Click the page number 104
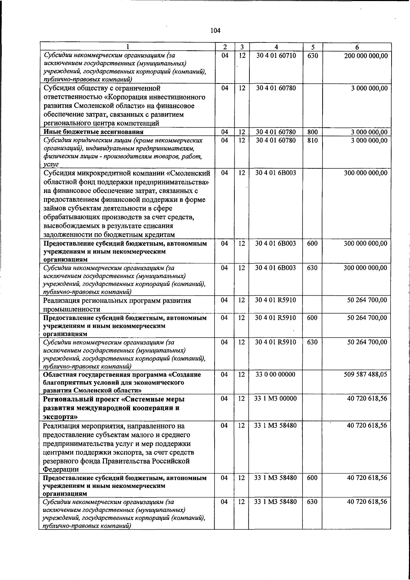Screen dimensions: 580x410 (215, 31)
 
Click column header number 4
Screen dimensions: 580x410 (276, 47)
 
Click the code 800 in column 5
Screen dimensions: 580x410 (312, 132)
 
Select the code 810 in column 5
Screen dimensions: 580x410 (312, 140)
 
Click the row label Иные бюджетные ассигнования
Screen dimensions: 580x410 (93, 132)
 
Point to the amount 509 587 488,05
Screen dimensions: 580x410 (365, 374)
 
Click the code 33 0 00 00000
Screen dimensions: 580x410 (275, 374)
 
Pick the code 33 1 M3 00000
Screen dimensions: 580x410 (275, 399)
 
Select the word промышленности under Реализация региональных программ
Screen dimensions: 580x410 (71, 309)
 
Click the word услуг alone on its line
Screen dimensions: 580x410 (51, 165)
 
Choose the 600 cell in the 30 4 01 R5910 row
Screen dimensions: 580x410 (312, 318)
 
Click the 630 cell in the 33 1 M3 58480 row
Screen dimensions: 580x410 (312, 502)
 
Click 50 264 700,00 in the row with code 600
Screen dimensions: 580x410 (367, 318)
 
